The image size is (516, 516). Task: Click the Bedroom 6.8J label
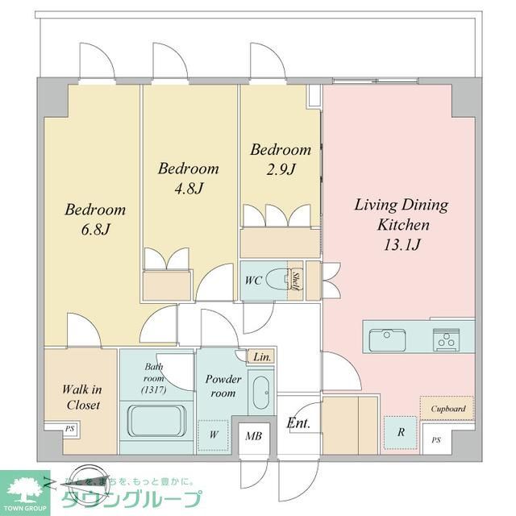point(95,219)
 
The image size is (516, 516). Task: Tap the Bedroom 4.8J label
point(189,178)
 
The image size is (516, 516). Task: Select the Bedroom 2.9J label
point(280,159)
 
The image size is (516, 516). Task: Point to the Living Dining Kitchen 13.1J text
point(402,224)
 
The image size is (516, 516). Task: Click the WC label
point(252,280)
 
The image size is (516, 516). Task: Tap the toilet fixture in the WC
point(279,279)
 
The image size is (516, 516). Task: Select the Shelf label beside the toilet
point(297,280)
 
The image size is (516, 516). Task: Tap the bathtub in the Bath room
point(156,420)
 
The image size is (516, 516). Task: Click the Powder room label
point(223,385)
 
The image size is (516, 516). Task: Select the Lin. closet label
point(261,356)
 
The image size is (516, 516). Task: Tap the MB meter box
point(254,437)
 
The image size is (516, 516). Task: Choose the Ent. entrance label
point(298,423)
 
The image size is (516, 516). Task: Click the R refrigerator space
point(400,431)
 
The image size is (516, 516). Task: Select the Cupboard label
point(447,409)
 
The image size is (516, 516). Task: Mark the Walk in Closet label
point(81,397)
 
